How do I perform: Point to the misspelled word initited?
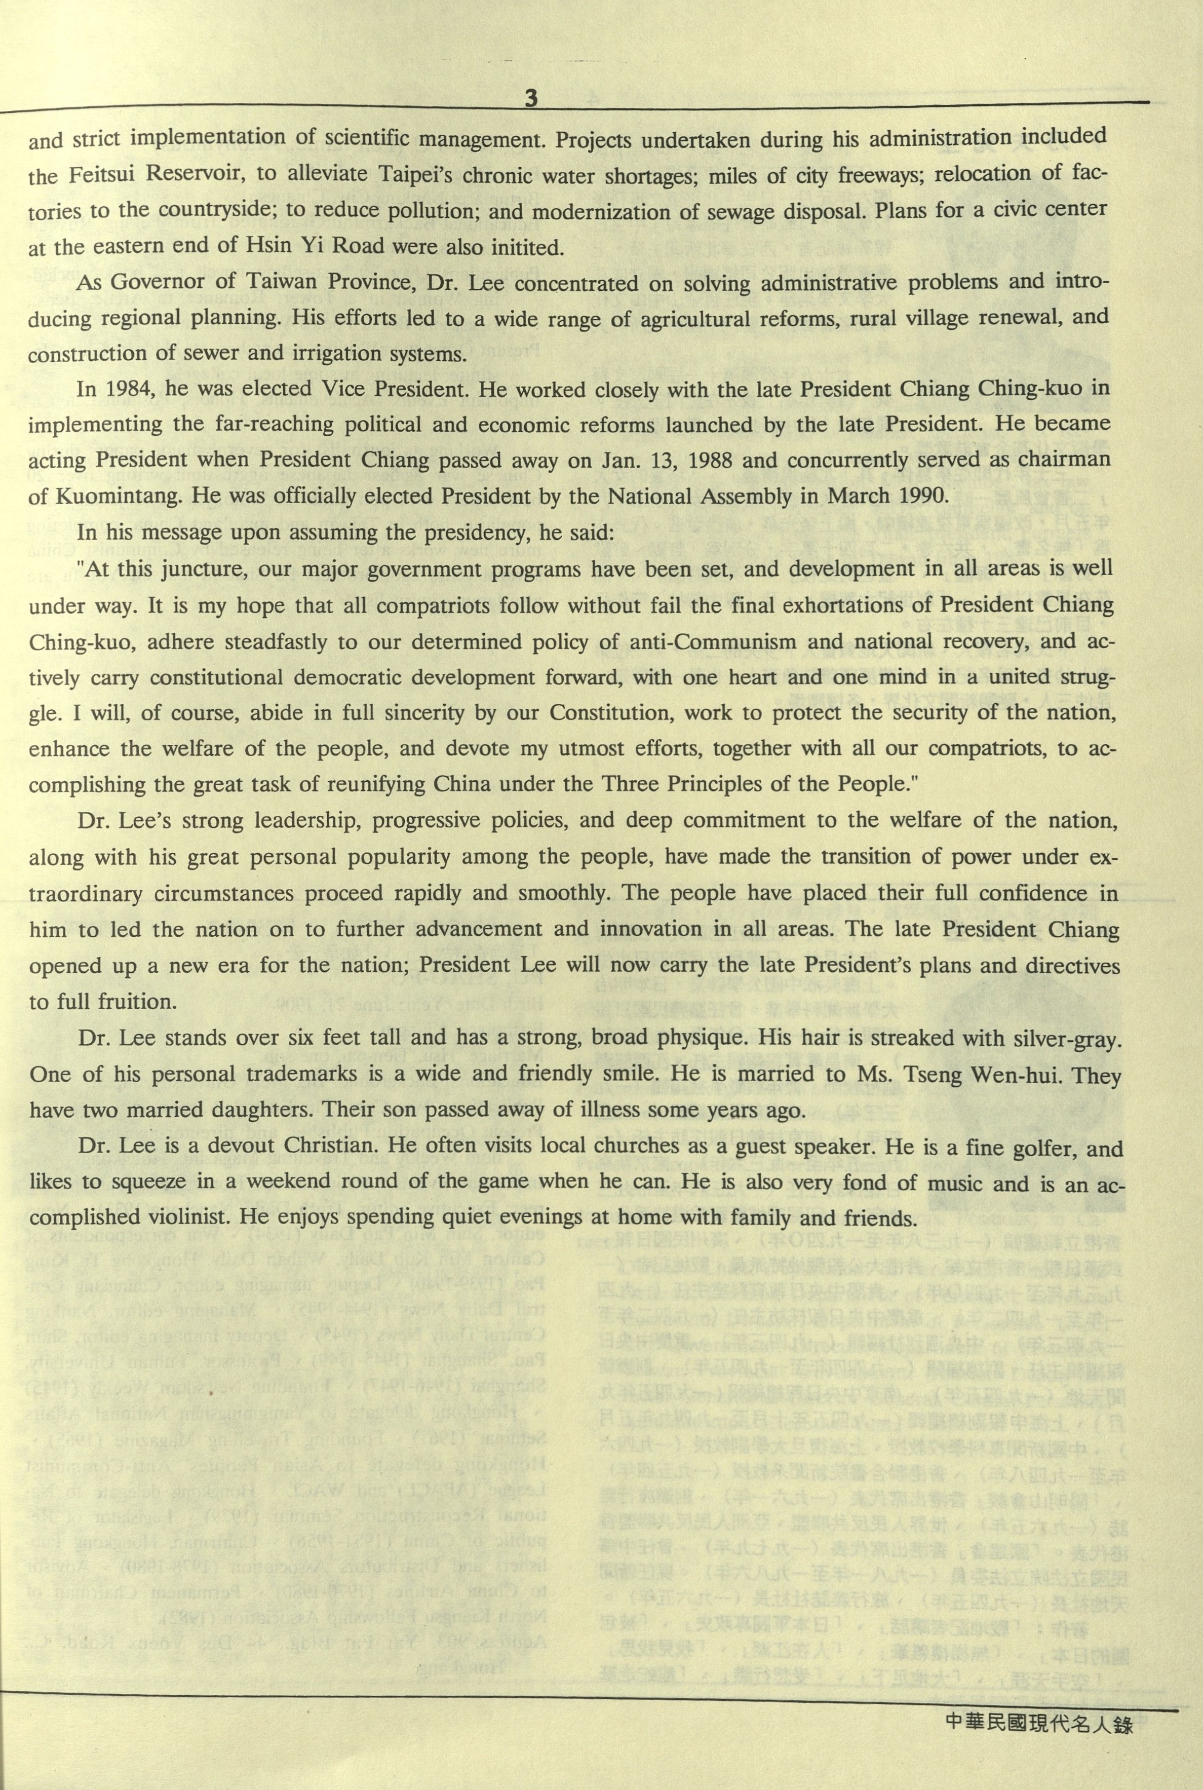click(x=529, y=247)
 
